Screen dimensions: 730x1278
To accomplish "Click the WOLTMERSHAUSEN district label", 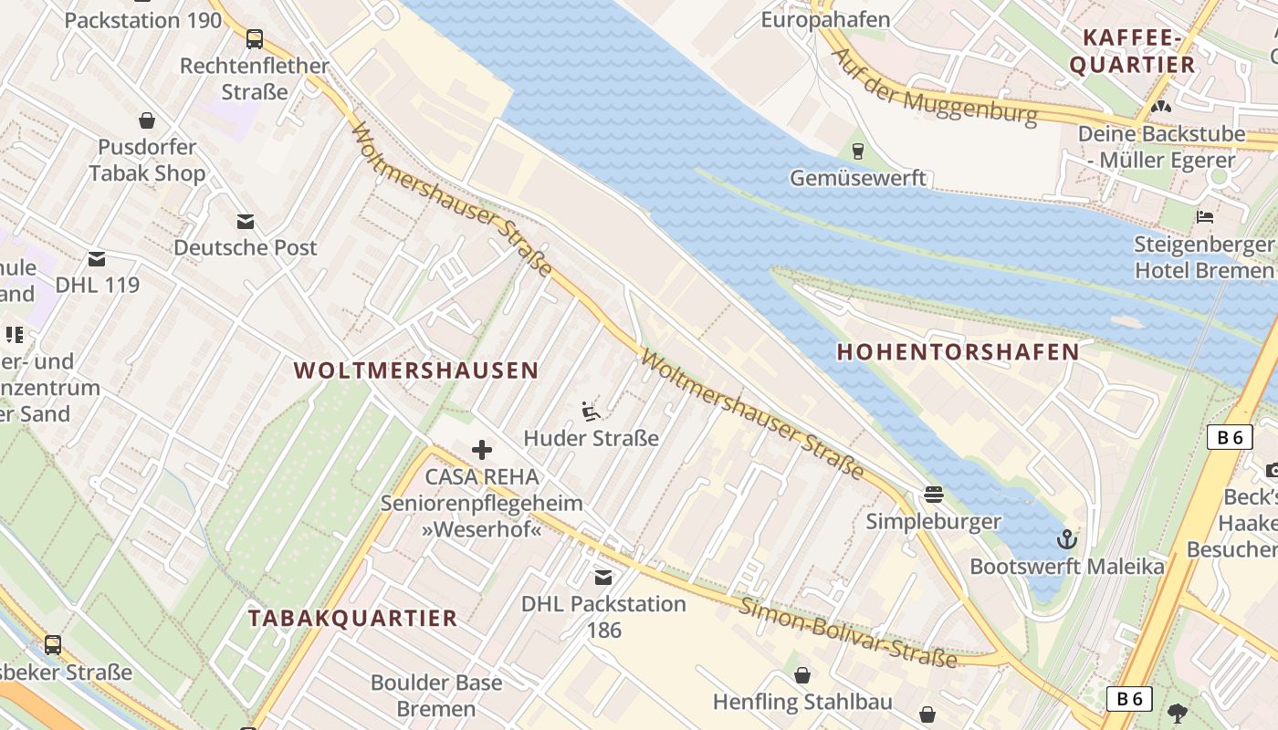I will point(416,370).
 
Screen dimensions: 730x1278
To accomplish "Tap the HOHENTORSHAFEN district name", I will point(958,352).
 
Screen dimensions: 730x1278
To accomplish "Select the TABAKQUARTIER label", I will point(352,618).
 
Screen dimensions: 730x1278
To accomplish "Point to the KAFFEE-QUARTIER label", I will point(1132,51).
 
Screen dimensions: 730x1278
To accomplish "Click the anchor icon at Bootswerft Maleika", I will point(1066,539).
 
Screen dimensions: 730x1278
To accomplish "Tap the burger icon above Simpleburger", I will point(933,495).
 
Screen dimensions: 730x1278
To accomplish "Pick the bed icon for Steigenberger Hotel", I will point(1205,217).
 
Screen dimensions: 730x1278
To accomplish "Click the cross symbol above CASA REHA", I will point(482,450).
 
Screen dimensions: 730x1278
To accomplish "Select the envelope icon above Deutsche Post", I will point(246,222).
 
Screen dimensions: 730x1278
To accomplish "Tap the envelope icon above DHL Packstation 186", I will point(603,578).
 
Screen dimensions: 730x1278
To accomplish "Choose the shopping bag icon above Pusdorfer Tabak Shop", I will point(146,120).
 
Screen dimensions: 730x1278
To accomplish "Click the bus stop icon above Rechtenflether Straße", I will point(255,39).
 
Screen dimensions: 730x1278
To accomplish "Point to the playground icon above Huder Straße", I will point(591,412).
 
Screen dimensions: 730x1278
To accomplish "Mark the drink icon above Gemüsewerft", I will point(857,151).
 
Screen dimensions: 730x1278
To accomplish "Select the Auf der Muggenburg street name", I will point(935,87).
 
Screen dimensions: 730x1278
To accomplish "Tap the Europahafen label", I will point(825,19).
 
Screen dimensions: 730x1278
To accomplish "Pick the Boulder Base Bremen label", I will point(436,695).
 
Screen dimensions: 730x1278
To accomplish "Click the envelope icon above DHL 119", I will point(97,259).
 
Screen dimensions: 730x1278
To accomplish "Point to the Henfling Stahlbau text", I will point(802,703).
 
